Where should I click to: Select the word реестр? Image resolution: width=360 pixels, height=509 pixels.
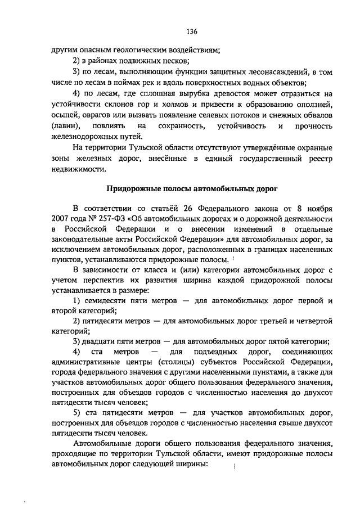pos(318,159)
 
